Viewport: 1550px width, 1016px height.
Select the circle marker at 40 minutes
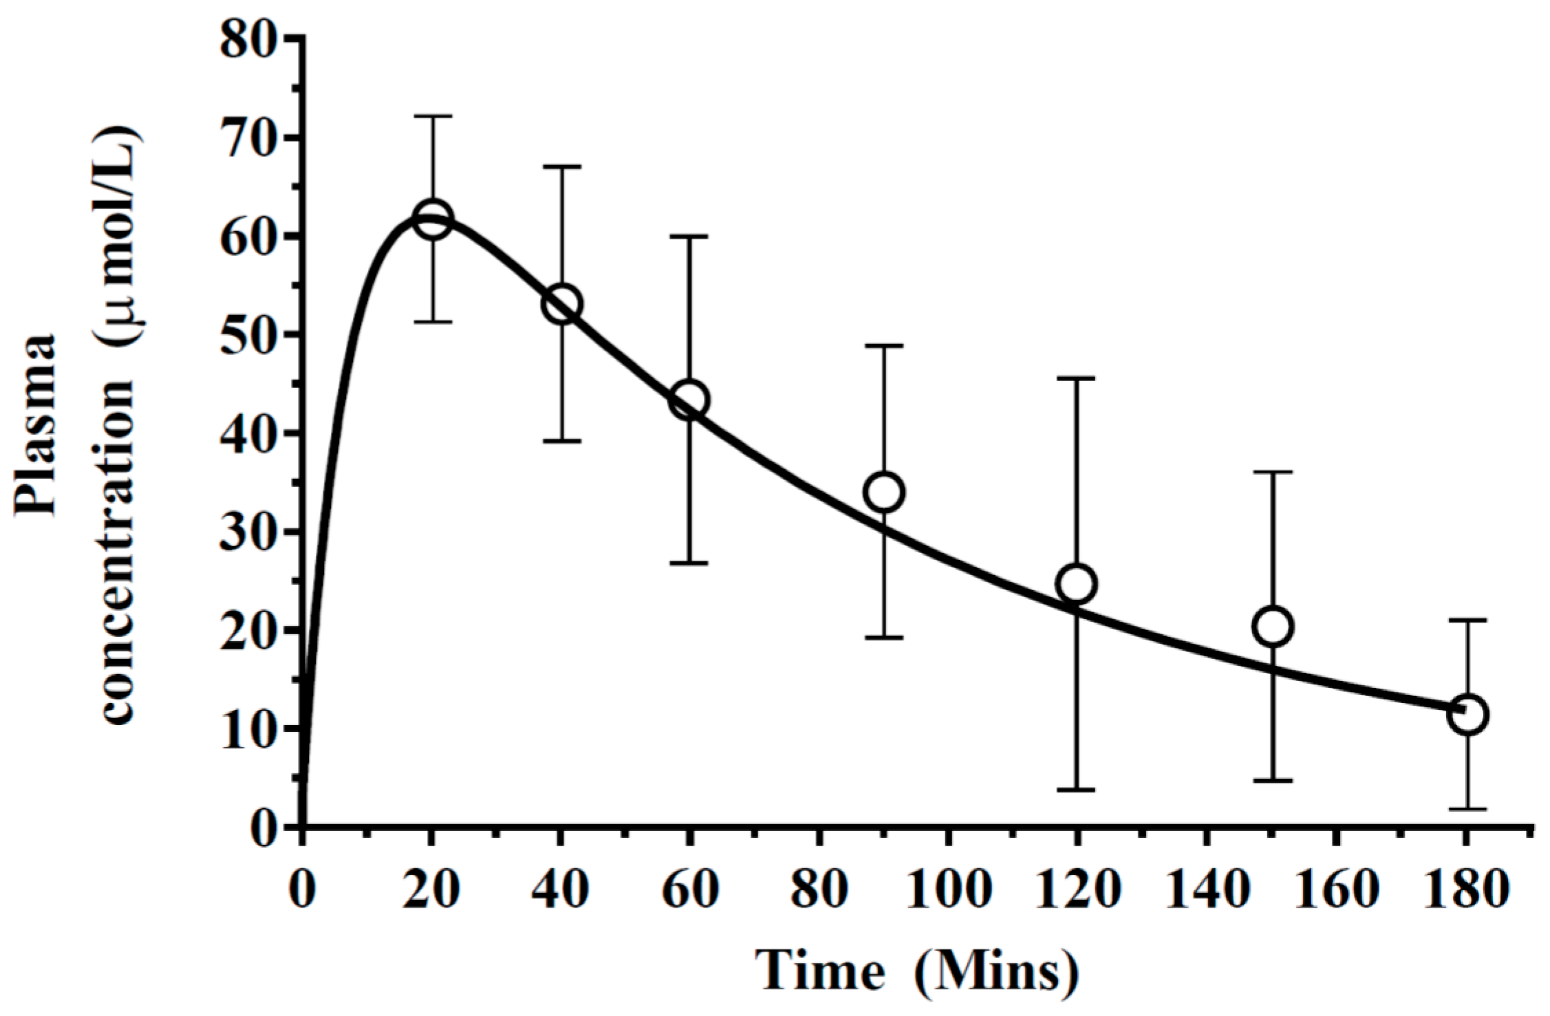pyautogui.click(x=562, y=304)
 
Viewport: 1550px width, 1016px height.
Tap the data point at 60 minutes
pyautogui.click(x=690, y=400)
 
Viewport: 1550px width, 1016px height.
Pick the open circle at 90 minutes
pyautogui.click(x=884, y=492)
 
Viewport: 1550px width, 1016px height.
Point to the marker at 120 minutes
pyautogui.click(x=1077, y=583)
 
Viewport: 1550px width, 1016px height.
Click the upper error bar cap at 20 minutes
pyautogui.click(x=433, y=117)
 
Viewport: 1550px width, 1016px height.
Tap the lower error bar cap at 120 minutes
pyautogui.click(x=1077, y=790)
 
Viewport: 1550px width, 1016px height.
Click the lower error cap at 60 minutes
pyautogui.click(x=690, y=563)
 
